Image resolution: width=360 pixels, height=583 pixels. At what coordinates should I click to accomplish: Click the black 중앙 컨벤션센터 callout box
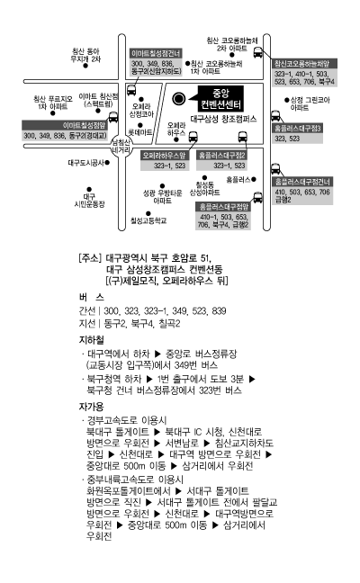(x=220, y=99)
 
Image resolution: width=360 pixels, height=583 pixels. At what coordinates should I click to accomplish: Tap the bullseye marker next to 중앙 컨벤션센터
(x=179, y=99)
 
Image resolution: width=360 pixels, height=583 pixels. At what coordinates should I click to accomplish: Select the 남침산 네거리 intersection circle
(x=121, y=146)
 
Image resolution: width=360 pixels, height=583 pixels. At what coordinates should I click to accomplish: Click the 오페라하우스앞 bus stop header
(x=164, y=155)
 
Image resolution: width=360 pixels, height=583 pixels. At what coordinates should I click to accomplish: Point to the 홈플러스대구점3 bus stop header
(x=297, y=129)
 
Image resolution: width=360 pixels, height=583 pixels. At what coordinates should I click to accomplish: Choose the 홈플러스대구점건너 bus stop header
(x=302, y=182)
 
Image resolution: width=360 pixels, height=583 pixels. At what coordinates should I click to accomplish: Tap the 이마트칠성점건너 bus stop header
(x=156, y=54)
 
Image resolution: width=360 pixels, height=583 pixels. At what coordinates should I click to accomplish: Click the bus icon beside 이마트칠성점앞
(x=113, y=117)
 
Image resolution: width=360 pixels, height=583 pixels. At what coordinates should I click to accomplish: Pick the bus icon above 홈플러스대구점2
(x=242, y=137)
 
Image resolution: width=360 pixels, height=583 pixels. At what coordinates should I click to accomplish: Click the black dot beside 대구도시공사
(x=107, y=163)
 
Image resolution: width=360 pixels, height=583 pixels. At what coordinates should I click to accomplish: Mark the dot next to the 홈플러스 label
(x=254, y=179)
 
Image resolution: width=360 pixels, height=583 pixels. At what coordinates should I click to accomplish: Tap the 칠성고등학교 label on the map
(x=148, y=220)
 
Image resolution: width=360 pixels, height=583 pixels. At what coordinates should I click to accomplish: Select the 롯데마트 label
(x=140, y=132)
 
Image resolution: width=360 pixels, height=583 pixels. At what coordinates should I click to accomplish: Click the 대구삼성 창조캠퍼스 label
(x=223, y=119)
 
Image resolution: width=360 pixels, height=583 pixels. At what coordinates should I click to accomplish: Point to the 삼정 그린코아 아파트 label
(x=310, y=103)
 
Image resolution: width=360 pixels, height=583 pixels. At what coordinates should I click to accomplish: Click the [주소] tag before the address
(x=90, y=257)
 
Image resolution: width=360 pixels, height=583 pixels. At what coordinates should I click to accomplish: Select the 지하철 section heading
(x=92, y=340)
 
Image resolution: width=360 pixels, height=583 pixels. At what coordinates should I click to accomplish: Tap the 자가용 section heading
(x=91, y=407)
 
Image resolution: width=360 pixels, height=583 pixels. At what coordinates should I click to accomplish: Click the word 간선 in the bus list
(x=87, y=310)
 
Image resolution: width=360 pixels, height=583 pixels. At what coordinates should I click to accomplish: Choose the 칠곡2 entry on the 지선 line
(x=169, y=324)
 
